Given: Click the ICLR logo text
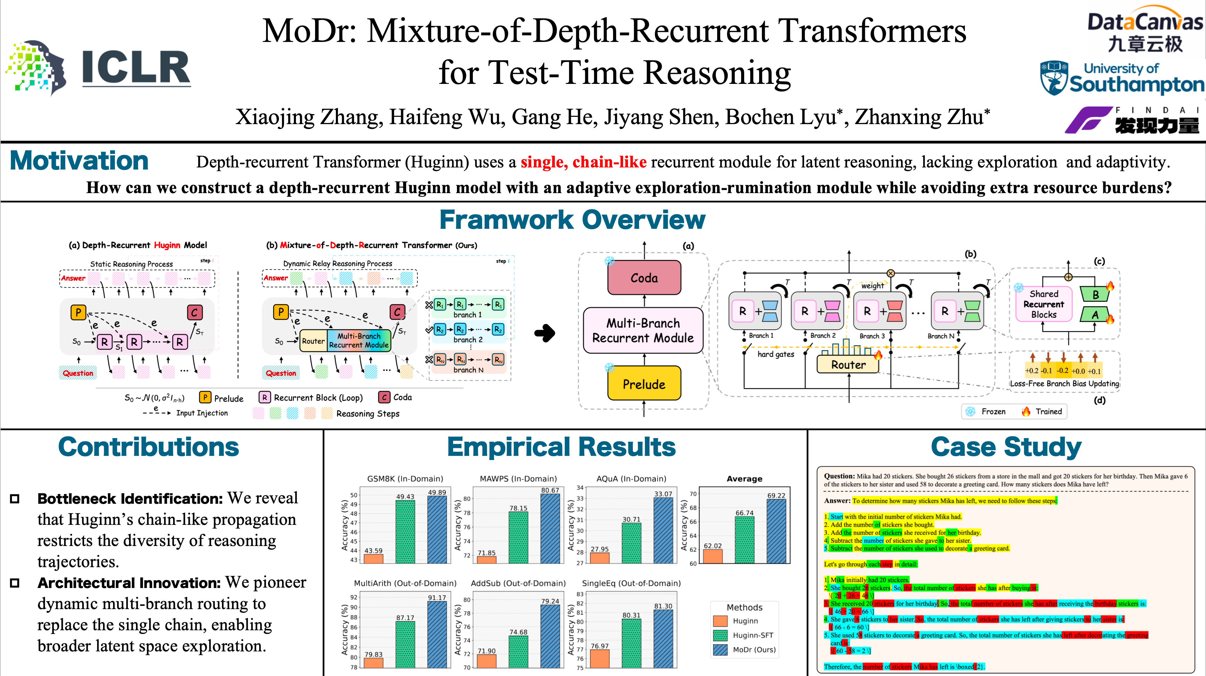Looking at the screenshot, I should tap(136, 68).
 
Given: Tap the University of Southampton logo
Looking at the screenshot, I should tap(1121, 79).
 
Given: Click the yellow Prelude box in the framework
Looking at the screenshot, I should tap(644, 384).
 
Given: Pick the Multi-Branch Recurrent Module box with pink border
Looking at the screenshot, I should tap(643, 330).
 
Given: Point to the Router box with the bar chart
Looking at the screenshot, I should tap(848, 364).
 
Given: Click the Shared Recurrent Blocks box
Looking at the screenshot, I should tap(1044, 304).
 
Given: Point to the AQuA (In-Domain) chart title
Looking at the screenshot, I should tap(631, 479).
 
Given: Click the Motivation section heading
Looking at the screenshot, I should tap(79, 162).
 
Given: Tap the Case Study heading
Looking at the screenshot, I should tap(1006, 447).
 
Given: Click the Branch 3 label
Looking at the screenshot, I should tap(872, 336).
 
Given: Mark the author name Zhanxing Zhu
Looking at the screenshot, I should tap(919, 117).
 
